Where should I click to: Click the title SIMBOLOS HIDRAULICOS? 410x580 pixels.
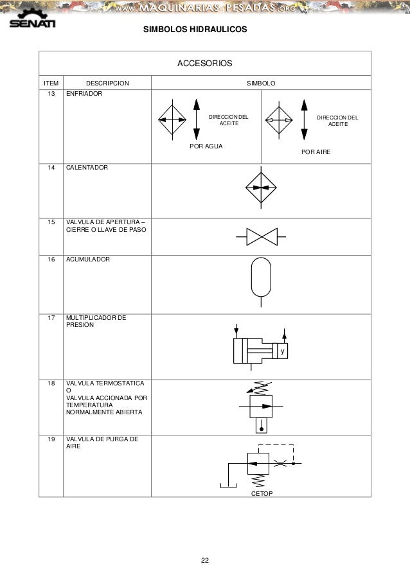coord(194,30)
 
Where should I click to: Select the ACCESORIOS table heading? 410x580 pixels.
coord(205,64)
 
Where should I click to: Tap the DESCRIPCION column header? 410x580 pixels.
coord(107,83)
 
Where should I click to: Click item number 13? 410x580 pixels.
coord(51,94)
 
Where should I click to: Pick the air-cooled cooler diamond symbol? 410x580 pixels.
coord(280,121)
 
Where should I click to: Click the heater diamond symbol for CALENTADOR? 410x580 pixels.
coord(261,188)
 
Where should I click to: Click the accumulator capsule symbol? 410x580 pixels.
coord(262,278)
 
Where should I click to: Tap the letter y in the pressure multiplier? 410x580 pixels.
coord(281,353)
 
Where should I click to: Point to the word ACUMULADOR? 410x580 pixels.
coord(88,259)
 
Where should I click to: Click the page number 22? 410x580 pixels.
coord(205,561)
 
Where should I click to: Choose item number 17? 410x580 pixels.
coord(51,317)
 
